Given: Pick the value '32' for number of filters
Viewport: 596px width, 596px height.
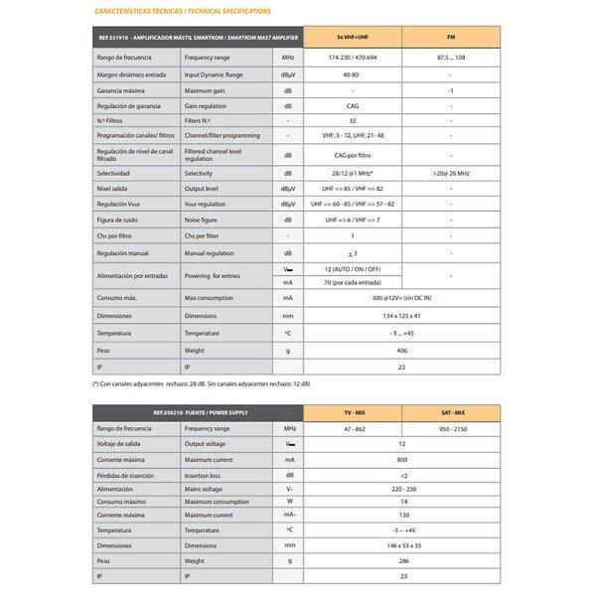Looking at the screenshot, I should point(351,119).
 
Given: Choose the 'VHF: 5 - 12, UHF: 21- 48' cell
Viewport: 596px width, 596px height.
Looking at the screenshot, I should point(351,134).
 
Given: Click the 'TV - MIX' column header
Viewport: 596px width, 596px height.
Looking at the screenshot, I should point(352,412).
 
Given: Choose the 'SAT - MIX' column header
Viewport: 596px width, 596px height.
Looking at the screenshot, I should point(450,412).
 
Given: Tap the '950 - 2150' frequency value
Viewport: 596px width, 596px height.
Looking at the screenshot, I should point(450,428).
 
